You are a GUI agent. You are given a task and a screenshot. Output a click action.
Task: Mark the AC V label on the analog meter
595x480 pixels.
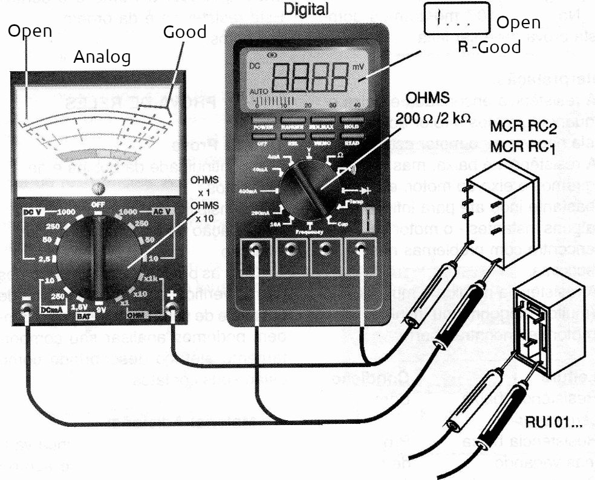161,213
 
